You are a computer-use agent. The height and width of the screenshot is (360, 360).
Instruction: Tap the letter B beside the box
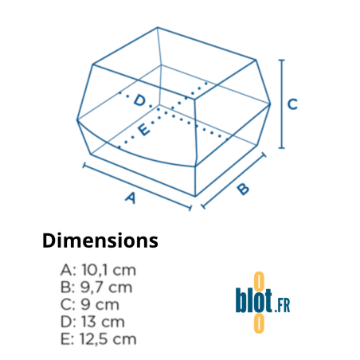pyautogui.click(x=242, y=189)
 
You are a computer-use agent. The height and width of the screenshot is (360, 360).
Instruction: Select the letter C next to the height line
pyautogui.click(x=292, y=104)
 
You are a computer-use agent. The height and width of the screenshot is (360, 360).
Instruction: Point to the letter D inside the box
pyautogui.click(x=139, y=100)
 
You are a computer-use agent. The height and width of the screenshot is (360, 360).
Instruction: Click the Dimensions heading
pyautogui.click(x=100, y=241)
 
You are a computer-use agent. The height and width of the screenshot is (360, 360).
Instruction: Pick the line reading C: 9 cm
pyautogui.click(x=89, y=304)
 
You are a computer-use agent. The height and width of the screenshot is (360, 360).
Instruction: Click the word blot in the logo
pyautogui.click(x=254, y=303)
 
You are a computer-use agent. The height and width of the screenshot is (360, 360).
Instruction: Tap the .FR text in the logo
pyautogui.click(x=283, y=305)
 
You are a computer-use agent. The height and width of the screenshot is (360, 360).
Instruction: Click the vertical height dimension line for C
pyautogui.click(x=280, y=104)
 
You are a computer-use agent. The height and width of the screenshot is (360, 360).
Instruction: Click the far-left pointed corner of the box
pyautogui.click(x=77, y=120)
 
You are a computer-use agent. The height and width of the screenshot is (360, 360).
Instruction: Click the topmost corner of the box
pyautogui.click(x=156, y=27)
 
